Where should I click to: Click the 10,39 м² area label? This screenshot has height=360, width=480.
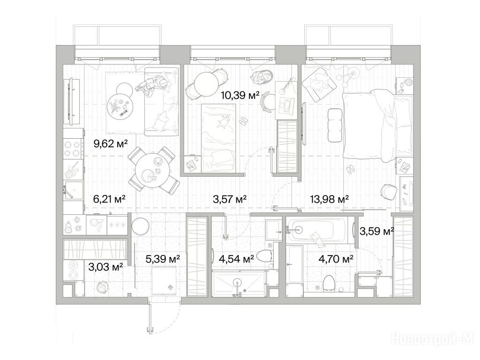(240, 96)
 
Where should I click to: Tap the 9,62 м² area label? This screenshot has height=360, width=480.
(110, 143)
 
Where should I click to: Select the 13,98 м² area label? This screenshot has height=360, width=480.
(330, 200)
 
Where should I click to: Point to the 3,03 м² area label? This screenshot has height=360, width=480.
(105, 267)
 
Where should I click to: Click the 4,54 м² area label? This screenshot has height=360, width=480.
(236, 259)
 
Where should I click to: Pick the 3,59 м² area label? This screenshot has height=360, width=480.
(376, 232)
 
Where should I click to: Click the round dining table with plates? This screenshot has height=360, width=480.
(152, 172)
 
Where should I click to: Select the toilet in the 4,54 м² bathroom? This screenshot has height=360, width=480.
(263, 256)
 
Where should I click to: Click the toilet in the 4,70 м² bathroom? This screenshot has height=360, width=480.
(329, 282)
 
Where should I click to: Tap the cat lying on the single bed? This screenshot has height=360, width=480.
(223, 121)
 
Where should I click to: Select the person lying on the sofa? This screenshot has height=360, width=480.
(153, 84)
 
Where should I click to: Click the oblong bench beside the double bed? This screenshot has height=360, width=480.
(334, 125)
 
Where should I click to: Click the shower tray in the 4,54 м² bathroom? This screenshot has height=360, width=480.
(238, 284)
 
